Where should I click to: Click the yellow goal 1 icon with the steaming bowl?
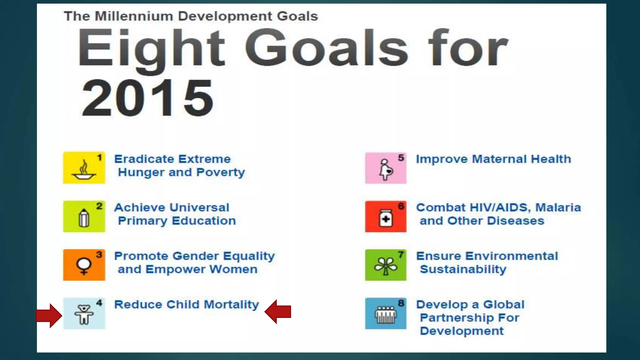[84, 168]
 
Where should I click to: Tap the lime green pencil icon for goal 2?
[84, 216]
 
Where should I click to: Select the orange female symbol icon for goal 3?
[84, 265]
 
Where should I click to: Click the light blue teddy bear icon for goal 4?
[84, 313]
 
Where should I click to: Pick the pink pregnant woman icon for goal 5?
[386, 168]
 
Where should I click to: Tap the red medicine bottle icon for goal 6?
[386, 216]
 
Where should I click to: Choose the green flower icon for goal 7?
[386, 265]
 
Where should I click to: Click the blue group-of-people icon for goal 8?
[386, 313]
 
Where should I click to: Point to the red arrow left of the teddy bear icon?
[49, 315]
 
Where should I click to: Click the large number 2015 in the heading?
[147, 98]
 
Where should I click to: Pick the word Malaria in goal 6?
[558, 207]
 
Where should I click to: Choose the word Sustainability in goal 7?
[463, 269]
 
